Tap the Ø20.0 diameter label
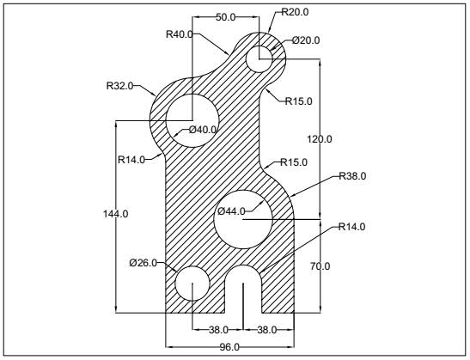point(307,40)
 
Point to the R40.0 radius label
point(180,34)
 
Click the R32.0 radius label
point(121,86)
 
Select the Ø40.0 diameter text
point(204,131)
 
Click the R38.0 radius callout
point(351,177)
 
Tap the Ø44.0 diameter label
point(231,211)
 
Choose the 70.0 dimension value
point(320,267)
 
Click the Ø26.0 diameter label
point(143,263)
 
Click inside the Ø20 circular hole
point(259,58)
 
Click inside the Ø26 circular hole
point(192,283)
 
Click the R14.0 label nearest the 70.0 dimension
point(351,227)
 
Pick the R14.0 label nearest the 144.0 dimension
point(132,158)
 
